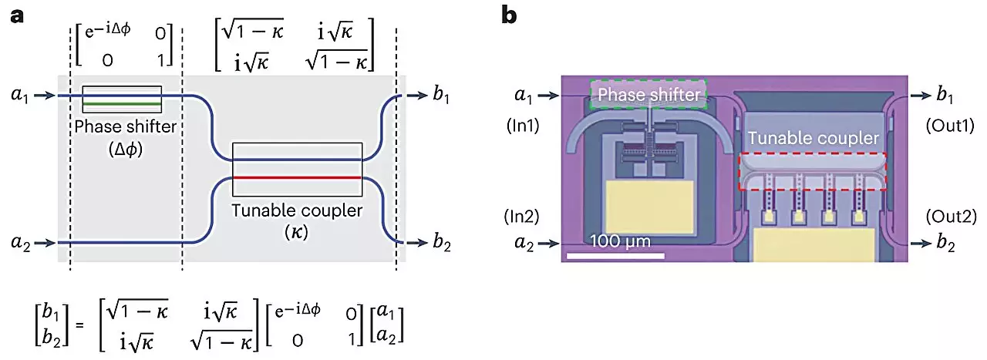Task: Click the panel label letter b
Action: (510, 15)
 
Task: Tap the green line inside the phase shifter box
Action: (122, 103)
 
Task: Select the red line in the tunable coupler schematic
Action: (297, 177)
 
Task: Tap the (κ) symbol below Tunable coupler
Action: (297, 230)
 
